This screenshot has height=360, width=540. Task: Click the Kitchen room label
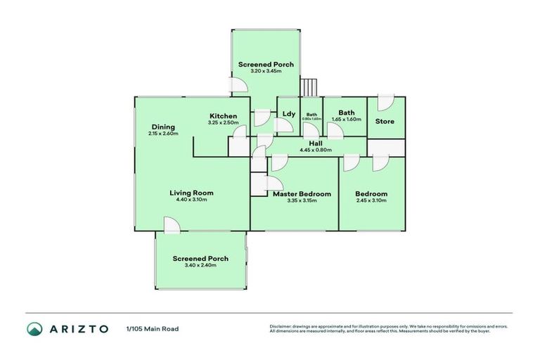pyautogui.click(x=223, y=116)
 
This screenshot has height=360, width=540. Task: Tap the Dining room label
pyautogui.click(x=162, y=127)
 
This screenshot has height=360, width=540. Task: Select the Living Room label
pyautogui.click(x=191, y=193)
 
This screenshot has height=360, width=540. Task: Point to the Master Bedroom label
pyautogui.click(x=302, y=193)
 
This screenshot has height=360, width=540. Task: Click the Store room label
pyautogui.click(x=385, y=122)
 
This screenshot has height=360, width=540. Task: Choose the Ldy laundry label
pyautogui.click(x=289, y=114)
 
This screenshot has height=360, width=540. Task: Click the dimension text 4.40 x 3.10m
pyautogui.click(x=191, y=200)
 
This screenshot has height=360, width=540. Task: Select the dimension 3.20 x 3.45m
pyautogui.click(x=266, y=71)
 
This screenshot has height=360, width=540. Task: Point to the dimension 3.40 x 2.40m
pyautogui.click(x=200, y=266)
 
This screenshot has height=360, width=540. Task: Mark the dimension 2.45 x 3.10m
pyautogui.click(x=371, y=201)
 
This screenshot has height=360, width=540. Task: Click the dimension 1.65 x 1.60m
pyautogui.click(x=346, y=120)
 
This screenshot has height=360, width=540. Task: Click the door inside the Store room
pyautogui.click(x=384, y=103)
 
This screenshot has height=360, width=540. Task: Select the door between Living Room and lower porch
pyautogui.click(x=170, y=224)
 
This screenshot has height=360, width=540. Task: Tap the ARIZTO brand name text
pyautogui.click(x=79, y=328)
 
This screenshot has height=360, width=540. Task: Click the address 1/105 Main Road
pyautogui.click(x=153, y=328)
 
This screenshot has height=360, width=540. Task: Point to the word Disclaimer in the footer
pyautogui.click(x=281, y=326)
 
